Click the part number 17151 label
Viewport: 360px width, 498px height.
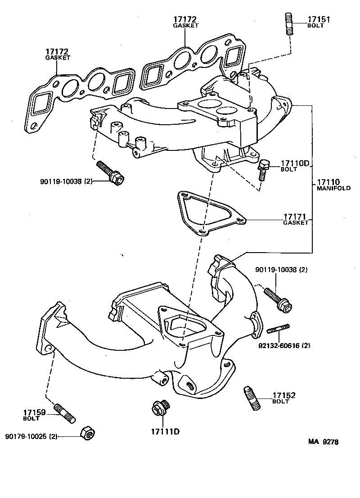tap(319, 19)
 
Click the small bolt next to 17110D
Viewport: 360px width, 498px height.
tap(263, 169)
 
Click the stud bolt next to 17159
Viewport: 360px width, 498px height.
tap(66, 413)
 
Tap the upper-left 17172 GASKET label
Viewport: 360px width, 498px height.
tap(57, 54)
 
